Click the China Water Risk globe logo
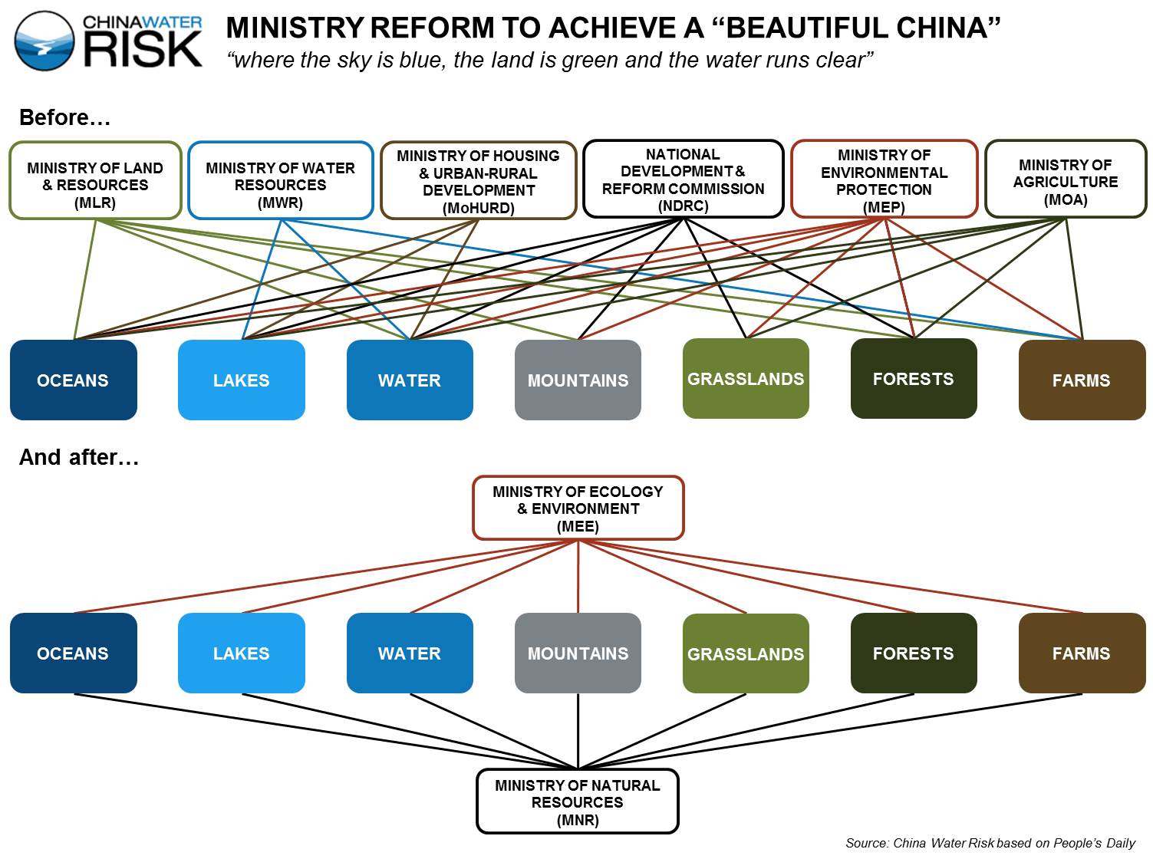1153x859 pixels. pos(44,41)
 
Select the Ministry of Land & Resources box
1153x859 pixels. pos(95,180)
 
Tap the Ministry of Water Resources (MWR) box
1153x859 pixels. pos(281,180)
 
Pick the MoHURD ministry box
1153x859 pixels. pos(478,180)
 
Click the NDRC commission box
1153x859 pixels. pos(683,179)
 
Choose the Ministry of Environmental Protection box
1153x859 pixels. pos(884,179)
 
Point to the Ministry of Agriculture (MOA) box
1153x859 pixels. pos(1066,179)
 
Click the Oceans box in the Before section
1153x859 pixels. pos(74,380)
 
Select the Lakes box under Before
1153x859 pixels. pos(242,380)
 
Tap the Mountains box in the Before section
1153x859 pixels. pos(578,380)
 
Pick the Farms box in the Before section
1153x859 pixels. pos(1082,380)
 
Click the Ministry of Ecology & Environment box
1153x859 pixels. pos(578,508)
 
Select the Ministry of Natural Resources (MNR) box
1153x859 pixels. pos(578,801)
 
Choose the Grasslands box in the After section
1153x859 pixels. pos(746,653)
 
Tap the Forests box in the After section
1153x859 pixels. pos(914,653)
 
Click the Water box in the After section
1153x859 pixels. pos(410,653)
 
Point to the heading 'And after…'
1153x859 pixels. pos(79,457)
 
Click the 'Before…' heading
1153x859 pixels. pos(64,117)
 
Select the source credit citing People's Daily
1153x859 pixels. pos(990,843)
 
